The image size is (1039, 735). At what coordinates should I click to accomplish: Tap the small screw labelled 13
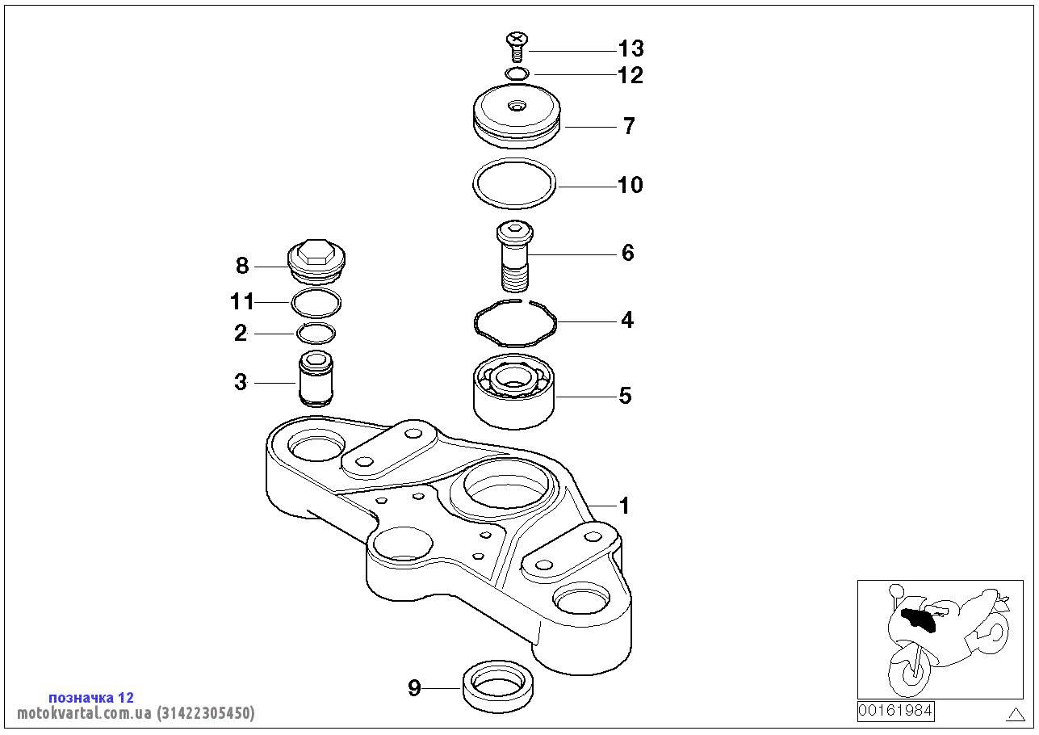[x=517, y=45]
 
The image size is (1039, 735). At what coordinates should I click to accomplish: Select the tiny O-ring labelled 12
[x=517, y=74]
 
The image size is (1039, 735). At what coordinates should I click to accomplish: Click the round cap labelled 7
[x=516, y=117]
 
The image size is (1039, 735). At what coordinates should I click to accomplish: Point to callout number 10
[x=630, y=185]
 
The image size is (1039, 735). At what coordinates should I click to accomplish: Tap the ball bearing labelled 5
[x=514, y=392]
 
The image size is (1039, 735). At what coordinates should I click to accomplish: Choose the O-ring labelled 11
[x=316, y=304]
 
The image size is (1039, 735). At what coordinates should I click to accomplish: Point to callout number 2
[x=241, y=333]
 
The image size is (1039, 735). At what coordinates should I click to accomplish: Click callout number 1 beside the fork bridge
[x=623, y=506]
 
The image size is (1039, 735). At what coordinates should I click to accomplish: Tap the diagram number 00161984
[x=895, y=711]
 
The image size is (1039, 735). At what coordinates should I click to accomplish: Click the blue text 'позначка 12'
[x=91, y=697]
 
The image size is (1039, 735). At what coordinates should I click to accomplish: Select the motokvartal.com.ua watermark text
[x=136, y=713]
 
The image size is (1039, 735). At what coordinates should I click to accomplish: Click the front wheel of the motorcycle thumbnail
[x=909, y=669]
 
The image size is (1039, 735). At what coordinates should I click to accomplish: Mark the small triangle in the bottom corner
[x=1016, y=714]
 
